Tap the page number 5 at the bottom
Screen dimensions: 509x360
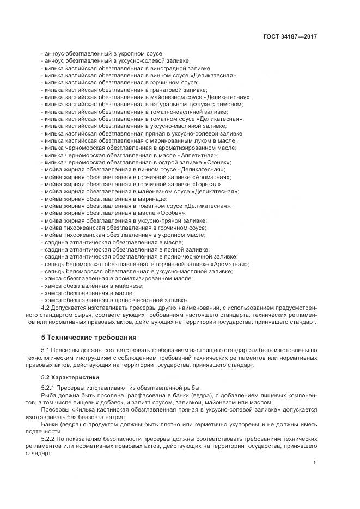coord(315,462)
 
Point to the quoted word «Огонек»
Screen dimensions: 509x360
coord(217,162)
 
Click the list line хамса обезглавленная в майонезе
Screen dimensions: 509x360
coord(92,285)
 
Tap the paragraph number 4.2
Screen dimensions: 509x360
coord(46,307)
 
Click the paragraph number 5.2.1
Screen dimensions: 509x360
coord(50,387)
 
